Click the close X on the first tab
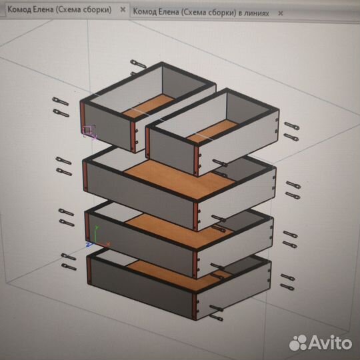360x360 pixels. tap(123, 9)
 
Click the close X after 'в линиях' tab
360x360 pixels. tap(280, 13)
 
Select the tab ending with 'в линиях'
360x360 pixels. tap(201, 12)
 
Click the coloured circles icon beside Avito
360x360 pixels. tap(299, 343)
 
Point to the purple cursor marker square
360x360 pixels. tap(87, 130)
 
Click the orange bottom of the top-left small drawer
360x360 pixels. tap(148, 107)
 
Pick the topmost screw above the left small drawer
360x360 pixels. tap(138, 64)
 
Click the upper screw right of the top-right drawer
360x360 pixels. tap(291, 125)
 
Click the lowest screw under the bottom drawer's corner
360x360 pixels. tap(216, 318)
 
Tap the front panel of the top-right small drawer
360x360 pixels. tap(172, 151)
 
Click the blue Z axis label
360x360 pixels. tap(89, 245)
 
